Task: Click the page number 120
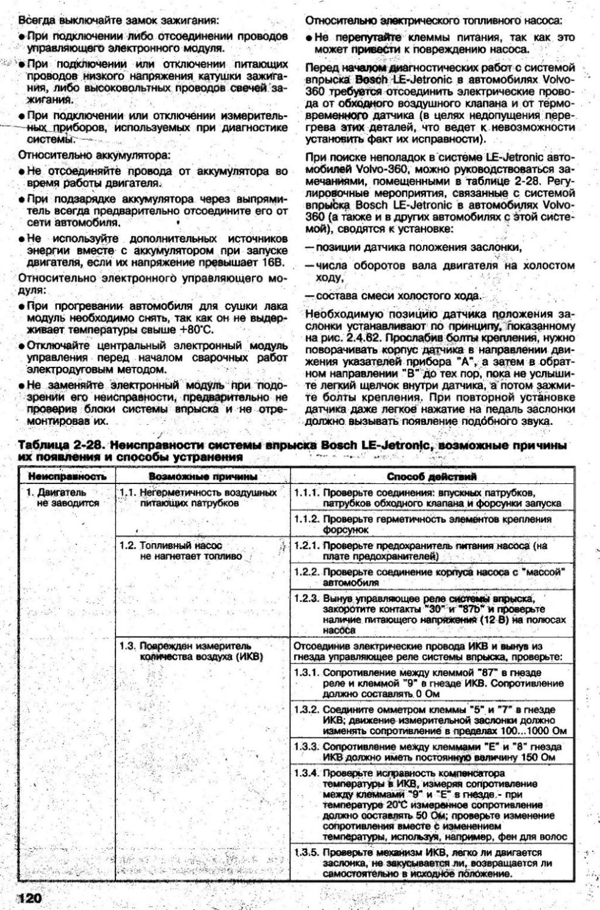pyautogui.click(x=27, y=898)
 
